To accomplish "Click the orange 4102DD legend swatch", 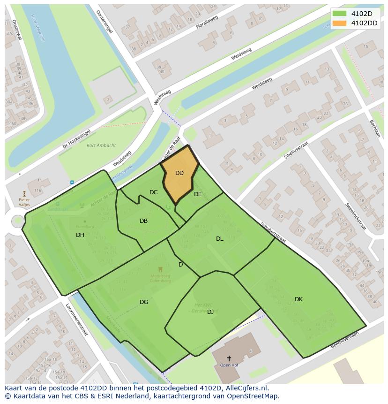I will (x=339, y=23).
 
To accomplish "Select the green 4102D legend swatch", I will (x=339, y=14).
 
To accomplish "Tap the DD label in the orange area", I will (x=179, y=173).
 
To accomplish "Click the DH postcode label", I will (x=80, y=235).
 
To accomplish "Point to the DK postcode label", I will (x=298, y=299).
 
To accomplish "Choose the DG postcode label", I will (x=144, y=302).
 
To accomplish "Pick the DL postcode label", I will (x=220, y=239).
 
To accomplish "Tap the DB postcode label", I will (x=144, y=221).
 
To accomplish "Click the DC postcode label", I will (x=154, y=192).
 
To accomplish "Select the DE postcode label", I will (x=198, y=194).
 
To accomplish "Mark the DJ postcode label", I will (x=210, y=312).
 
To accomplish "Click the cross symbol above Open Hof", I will (x=229, y=358).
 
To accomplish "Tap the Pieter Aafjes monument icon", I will (x=24, y=193).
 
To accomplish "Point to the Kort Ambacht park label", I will (x=101, y=145).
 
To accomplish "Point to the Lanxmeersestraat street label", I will (x=77, y=320).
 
